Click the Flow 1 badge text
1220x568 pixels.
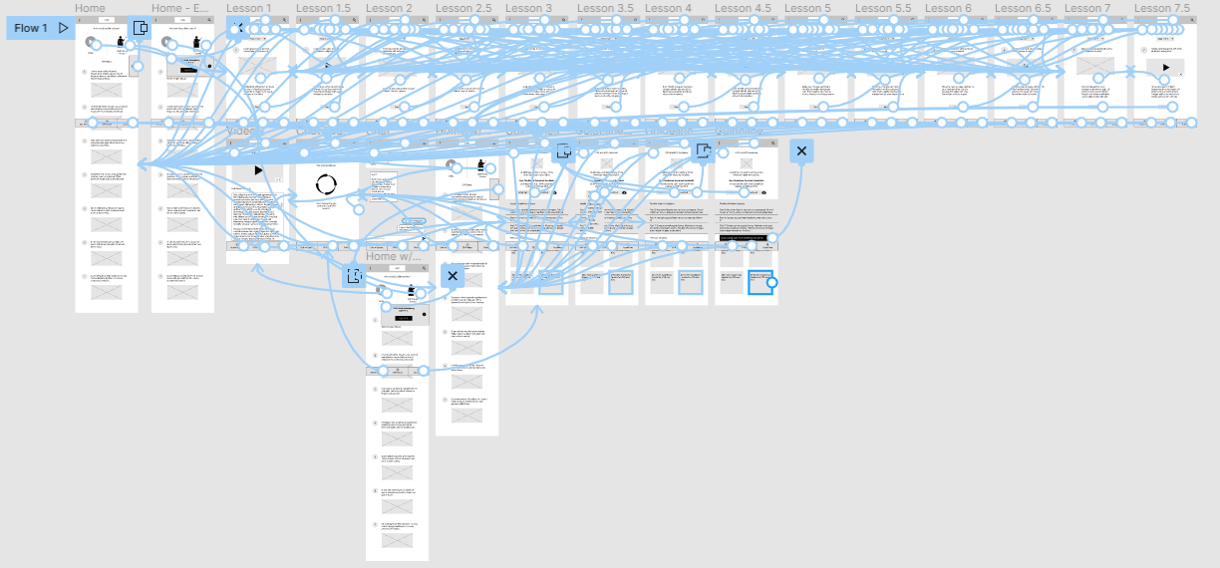(x=31, y=28)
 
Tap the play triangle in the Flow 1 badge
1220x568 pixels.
(x=64, y=28)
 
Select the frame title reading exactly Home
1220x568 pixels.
(x=90, y=8)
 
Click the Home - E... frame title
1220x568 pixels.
(x=180, y=8)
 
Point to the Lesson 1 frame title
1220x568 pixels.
(x=248, y=8)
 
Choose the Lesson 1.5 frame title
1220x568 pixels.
(x=323, y=8)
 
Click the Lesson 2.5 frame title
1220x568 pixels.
(x=463, y=8)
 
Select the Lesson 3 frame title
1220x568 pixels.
(x=528, y=8)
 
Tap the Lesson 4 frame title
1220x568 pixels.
(x=668, y=8)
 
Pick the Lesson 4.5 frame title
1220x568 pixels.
(x=743, y=8)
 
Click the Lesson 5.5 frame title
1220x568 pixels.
(x=882, y=8)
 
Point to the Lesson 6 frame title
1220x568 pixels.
(x=948, y=8)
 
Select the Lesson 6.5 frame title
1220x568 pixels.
(x=1023, y=8)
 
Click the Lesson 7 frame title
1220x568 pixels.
(x=1087, y=8)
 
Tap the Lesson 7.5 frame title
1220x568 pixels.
(x=1162, y=8)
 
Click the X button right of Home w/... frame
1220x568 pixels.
(x=453, y=276)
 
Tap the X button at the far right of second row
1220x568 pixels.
(x=801, y=150)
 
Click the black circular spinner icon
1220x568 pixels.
(x=326, y=184)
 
